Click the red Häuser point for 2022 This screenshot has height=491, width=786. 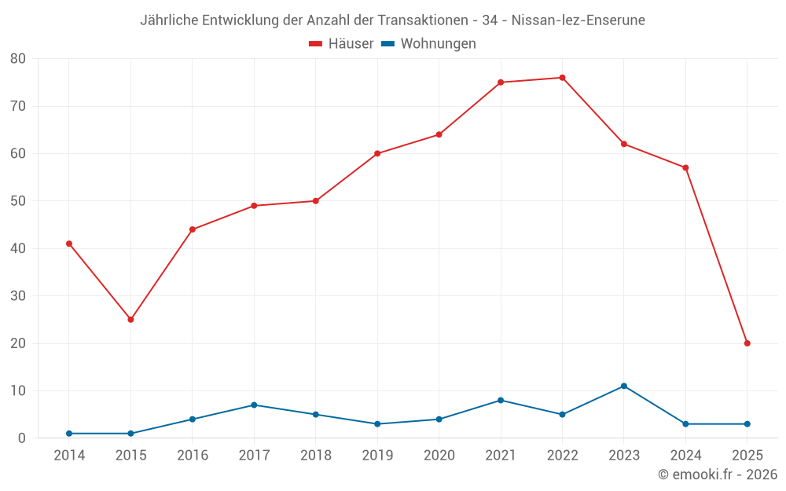click(562, 78)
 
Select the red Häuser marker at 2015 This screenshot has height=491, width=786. click(130, 320)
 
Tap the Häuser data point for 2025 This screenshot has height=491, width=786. click(747, 343)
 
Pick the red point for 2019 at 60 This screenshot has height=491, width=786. click(377, 153)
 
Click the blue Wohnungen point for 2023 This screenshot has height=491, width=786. click(624, 386)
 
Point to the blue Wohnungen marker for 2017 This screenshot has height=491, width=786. click(254, 405)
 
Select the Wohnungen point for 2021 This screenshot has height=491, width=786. click(501, 400)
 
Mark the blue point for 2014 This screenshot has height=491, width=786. click(69, 434)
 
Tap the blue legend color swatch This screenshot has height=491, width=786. click(387, 44)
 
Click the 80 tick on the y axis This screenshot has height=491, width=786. click(18, 59)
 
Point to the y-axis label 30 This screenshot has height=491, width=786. click(18, 296)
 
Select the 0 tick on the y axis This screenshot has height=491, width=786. click(22, 438)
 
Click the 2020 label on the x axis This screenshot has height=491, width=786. click(439, 456)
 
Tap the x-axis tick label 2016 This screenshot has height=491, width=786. click(193, 456)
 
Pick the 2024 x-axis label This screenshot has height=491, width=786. click(685, 456)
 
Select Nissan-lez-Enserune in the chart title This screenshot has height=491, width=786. click(578, 20)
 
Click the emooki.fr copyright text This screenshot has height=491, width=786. click(717, 475)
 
